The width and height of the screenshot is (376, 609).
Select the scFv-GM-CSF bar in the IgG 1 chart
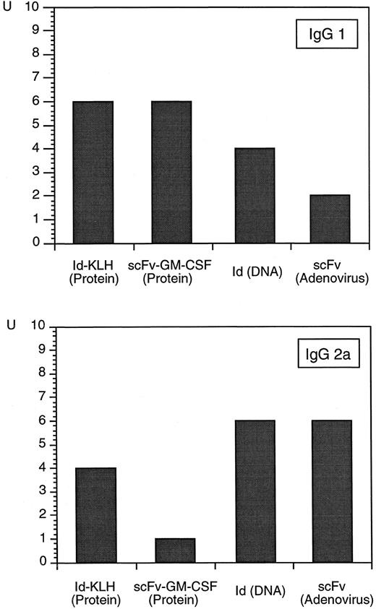[171, 173]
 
